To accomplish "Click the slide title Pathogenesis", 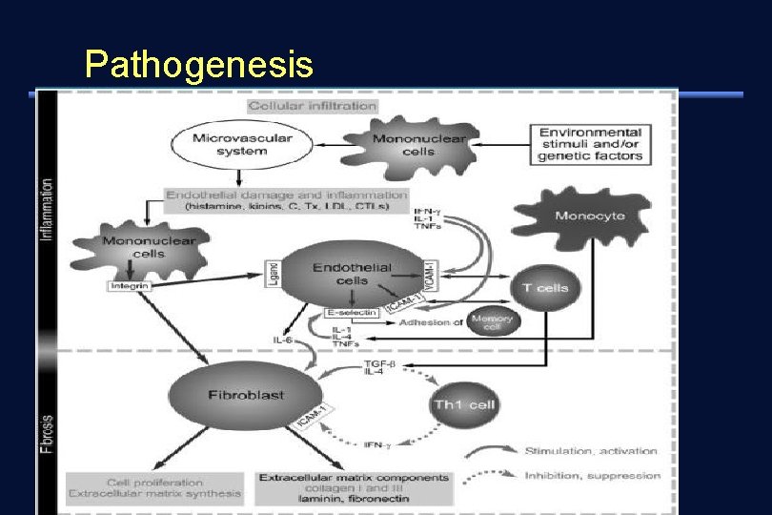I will coord(198,65).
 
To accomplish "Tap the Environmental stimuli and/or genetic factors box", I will coord(590,144).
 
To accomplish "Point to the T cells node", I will coord(545,286).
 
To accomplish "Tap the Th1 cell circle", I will coord(465,404).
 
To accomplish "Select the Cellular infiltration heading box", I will coord(313,105).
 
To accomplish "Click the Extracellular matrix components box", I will coord(354,485).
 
